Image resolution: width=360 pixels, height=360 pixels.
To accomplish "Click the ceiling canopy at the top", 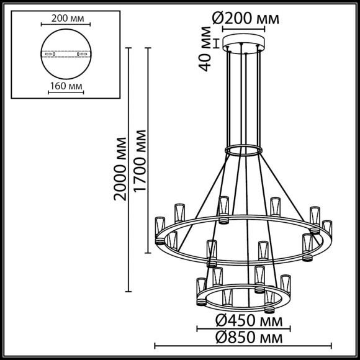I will (246, 45).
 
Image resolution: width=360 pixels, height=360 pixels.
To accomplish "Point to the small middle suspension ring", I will (243, 151).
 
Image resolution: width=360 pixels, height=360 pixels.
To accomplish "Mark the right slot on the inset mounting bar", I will (79, 55).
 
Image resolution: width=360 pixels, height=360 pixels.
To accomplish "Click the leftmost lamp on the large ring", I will (160, 228).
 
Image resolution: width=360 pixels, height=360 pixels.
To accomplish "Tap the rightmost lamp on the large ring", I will (326, 227).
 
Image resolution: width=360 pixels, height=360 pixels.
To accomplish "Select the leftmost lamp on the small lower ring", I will (200, 290).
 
